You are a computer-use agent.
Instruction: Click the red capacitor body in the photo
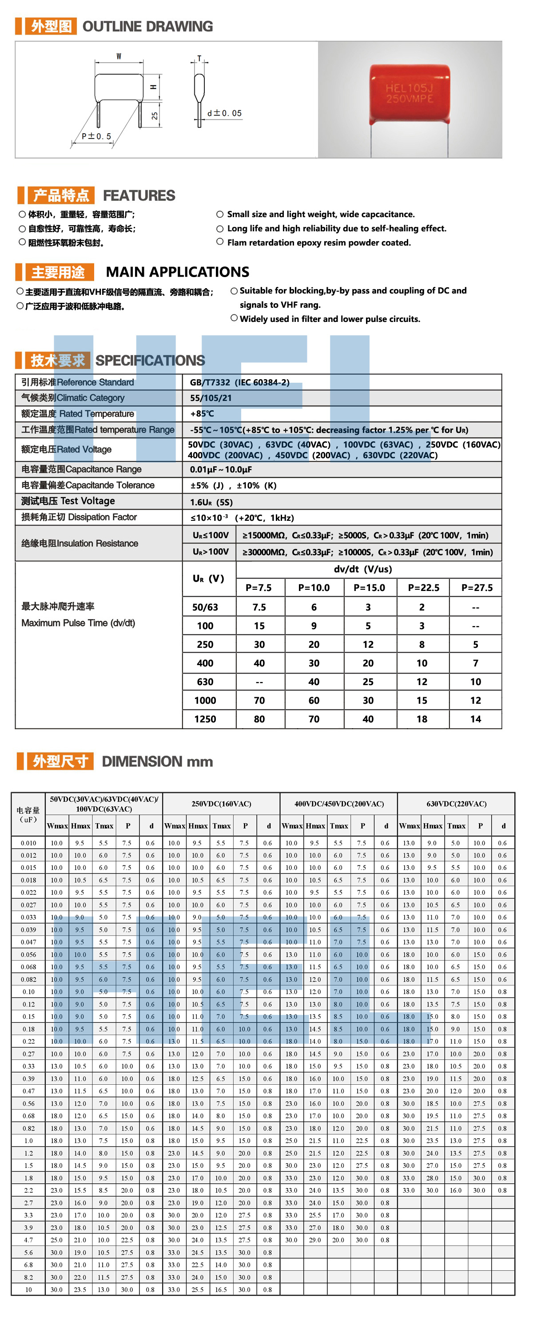pos(410,94)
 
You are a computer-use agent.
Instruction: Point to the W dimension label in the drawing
pos(119,56)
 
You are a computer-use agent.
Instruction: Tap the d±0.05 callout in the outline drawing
pos(224,113)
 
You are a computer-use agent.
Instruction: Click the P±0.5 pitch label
pos(96,136)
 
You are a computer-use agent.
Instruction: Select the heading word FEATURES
pos(139,196)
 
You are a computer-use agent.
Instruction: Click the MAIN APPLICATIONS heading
pos(178,272)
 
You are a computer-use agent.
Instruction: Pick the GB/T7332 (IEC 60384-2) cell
pos(239,382)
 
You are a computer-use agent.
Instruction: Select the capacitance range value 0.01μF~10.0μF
pos(221,469)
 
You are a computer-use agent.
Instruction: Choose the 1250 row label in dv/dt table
pos(205,719)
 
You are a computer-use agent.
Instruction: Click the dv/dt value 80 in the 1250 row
pos(259,719)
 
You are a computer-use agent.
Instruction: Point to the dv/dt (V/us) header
pos(363,569)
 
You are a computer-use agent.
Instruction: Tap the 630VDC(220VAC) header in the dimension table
pos(457,804)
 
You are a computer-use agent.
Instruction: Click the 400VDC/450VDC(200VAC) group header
pos(339,804)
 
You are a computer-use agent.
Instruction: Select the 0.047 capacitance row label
pos(28,942)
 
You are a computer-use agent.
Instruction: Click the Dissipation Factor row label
pos(79,517)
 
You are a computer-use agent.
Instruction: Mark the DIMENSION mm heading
pos(157,761)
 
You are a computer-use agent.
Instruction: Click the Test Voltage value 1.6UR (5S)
pos(211,502)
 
